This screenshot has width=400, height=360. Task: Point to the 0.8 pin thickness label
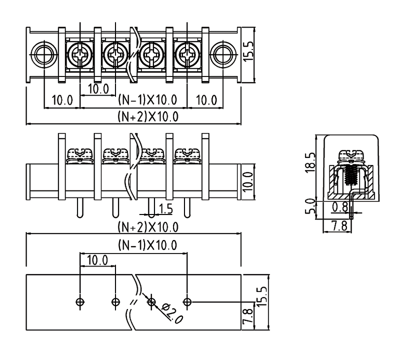340,206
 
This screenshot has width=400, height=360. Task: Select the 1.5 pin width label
163,207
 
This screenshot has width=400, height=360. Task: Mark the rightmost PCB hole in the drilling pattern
187,301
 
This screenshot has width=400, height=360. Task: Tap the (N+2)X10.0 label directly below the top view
148,117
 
